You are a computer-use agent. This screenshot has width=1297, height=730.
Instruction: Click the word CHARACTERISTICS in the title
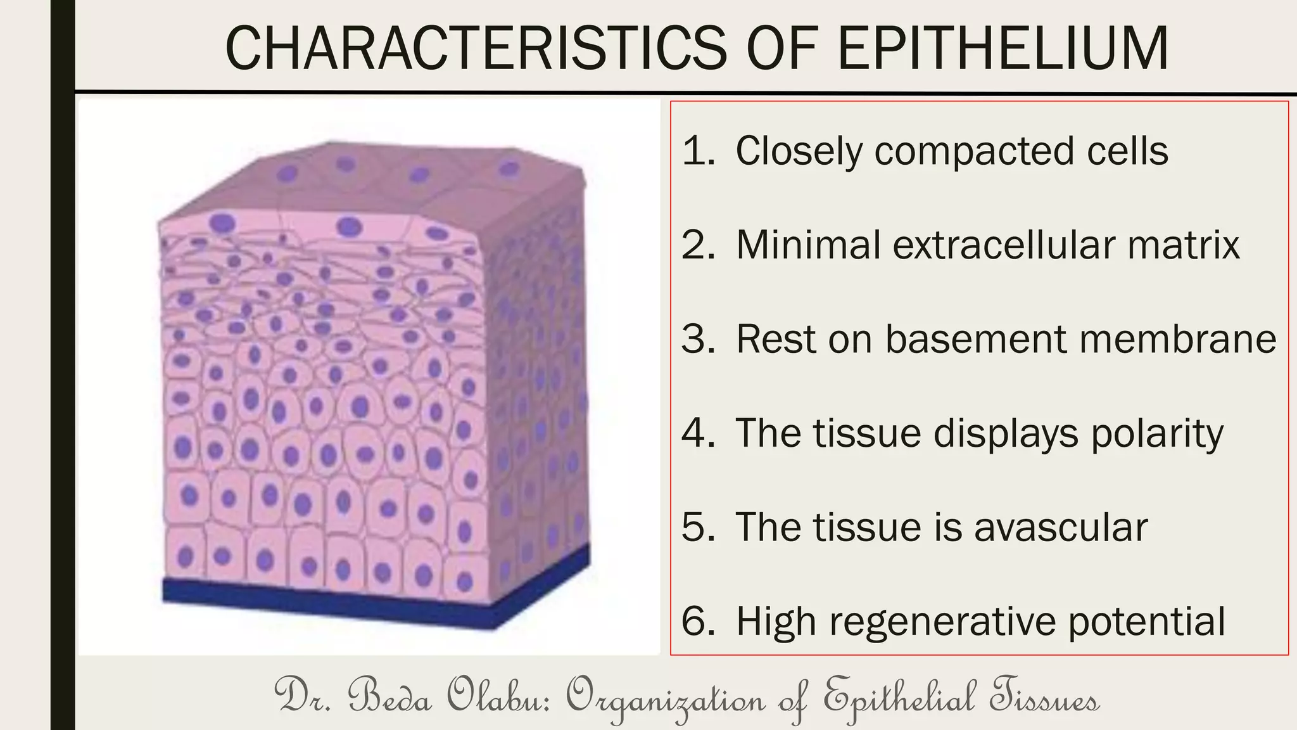click(x=476, y=48)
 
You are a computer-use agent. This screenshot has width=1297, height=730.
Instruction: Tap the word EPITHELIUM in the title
click(x=1003, y=48)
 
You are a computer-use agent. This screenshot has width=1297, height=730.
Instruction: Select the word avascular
click(x=1061, y=527)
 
